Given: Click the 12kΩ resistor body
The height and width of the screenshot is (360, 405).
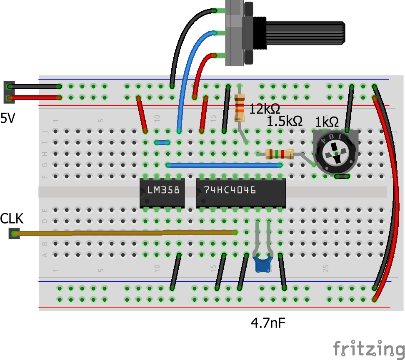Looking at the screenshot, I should pos(240,108).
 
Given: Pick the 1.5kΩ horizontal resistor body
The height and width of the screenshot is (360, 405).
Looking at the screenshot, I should pos(280,154).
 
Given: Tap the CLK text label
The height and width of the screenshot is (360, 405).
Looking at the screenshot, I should pos(12,218).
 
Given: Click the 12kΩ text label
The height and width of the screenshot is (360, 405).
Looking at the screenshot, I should pos(264,109).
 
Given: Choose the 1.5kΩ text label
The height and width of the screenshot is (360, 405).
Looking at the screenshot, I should pos(285,122).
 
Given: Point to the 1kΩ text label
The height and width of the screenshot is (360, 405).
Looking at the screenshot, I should pos(327,122).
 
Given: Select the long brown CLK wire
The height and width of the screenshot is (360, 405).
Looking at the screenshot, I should pos(125,233).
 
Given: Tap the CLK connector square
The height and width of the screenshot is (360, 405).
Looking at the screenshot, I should pos(15,234).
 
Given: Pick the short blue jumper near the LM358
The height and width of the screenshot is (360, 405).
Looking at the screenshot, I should pos(162,143).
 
